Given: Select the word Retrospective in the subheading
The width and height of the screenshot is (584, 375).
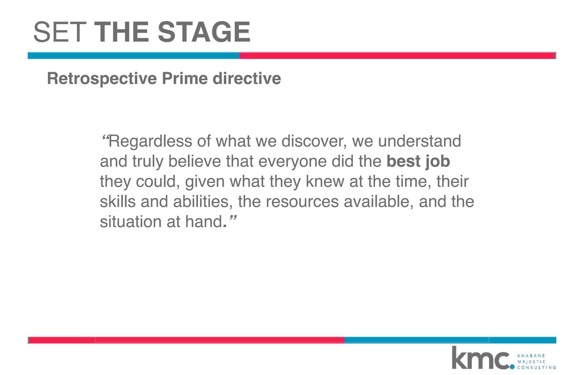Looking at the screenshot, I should pyautogui.click(x=102, y=79).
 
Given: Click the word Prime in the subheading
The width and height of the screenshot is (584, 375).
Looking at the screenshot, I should pyautogui.click(x=185, y=79).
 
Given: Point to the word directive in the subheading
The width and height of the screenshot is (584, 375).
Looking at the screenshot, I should pyautogui.click(x=247, y=79).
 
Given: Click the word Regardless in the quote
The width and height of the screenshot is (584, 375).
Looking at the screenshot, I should pyautogui.click(x=150, y=141).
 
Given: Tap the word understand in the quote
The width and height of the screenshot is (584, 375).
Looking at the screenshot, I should pyautogui.click(x=419, y=141).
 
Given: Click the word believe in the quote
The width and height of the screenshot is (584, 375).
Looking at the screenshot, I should pyautogui.click(x=195, y=161).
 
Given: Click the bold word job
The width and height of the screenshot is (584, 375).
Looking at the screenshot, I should pyautogui.click(x=438, y=162).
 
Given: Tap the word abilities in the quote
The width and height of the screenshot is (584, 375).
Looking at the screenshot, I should pyautogui.click(x=201, y=201).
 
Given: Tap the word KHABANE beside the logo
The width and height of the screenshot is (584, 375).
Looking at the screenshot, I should pyautogui.click(x=531, y=356).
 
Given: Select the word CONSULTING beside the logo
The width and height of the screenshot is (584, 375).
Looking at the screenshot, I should pyautogui.click(x=536, y=368).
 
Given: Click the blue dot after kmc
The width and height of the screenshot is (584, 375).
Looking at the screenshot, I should pyautogui.click(x=512, y=367).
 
